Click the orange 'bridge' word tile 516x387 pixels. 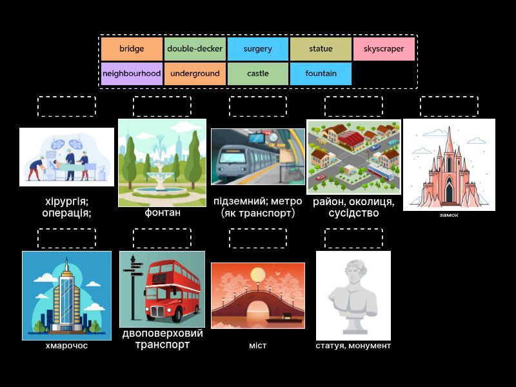click(132, 49)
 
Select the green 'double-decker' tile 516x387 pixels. click(195, 49)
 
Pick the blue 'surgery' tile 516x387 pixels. click(258, 49)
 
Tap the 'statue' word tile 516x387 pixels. click(321, 49)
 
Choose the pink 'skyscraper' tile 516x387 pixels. click(384, 49)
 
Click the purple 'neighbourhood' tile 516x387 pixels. click(132, 74)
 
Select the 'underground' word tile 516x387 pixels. click(195, 74)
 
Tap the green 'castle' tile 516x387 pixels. click(258, 74)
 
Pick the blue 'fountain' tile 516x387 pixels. click(321, 74)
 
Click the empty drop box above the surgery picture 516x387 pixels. click(66, 106)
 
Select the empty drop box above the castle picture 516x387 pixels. click(449, 106)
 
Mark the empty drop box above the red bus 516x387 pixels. click(162, 238)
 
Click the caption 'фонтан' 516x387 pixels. click(162, 213)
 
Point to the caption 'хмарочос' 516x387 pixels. click(66, 346)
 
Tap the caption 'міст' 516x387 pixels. click(257, 346)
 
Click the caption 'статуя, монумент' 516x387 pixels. click(353, 346)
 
